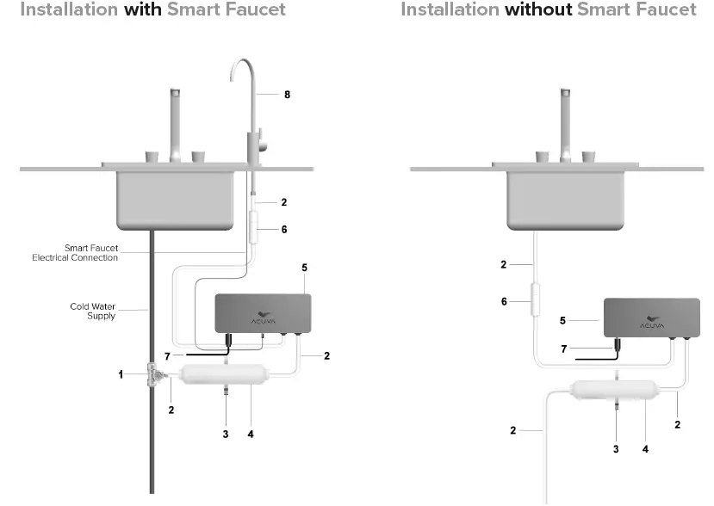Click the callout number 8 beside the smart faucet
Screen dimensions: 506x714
tap(288, 95)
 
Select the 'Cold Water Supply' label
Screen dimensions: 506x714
tap(92, 311)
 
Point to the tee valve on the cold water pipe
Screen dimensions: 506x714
tap(156, 375)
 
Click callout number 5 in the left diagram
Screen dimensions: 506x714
tap(304, 268)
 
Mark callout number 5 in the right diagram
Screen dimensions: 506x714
tap(563, 320)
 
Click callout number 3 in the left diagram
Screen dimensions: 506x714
tap(226, 435)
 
